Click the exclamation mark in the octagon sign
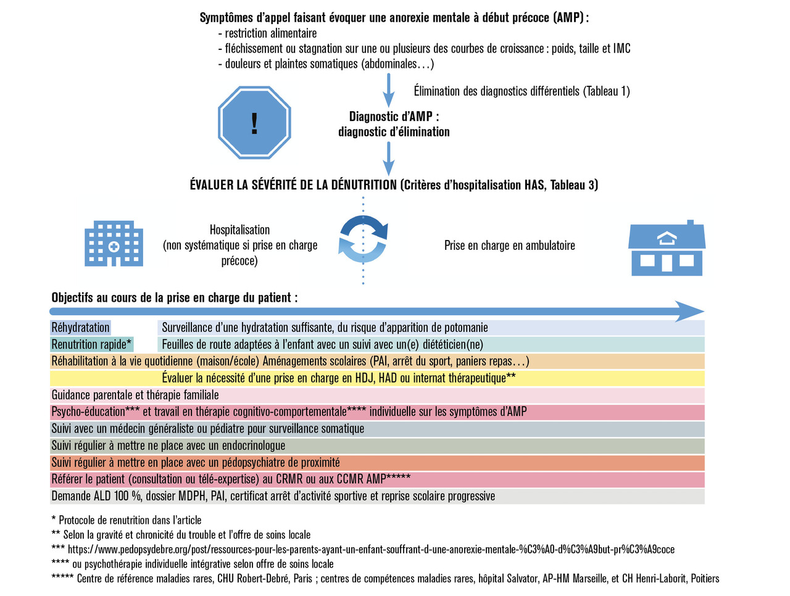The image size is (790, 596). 254,123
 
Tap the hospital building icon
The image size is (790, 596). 114,244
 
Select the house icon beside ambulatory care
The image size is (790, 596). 667,248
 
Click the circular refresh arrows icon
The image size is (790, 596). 364,239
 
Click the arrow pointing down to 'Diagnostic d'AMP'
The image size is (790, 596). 388,91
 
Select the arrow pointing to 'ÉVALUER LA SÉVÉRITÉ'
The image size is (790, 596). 388,159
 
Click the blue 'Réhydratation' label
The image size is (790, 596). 80,328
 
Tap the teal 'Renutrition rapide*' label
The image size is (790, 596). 91,344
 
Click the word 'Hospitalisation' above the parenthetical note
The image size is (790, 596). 239,230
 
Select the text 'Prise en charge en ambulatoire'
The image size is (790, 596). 509,246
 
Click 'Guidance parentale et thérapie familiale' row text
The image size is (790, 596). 135,395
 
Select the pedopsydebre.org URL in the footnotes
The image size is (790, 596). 371,549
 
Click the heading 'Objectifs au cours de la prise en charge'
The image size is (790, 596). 174,297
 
